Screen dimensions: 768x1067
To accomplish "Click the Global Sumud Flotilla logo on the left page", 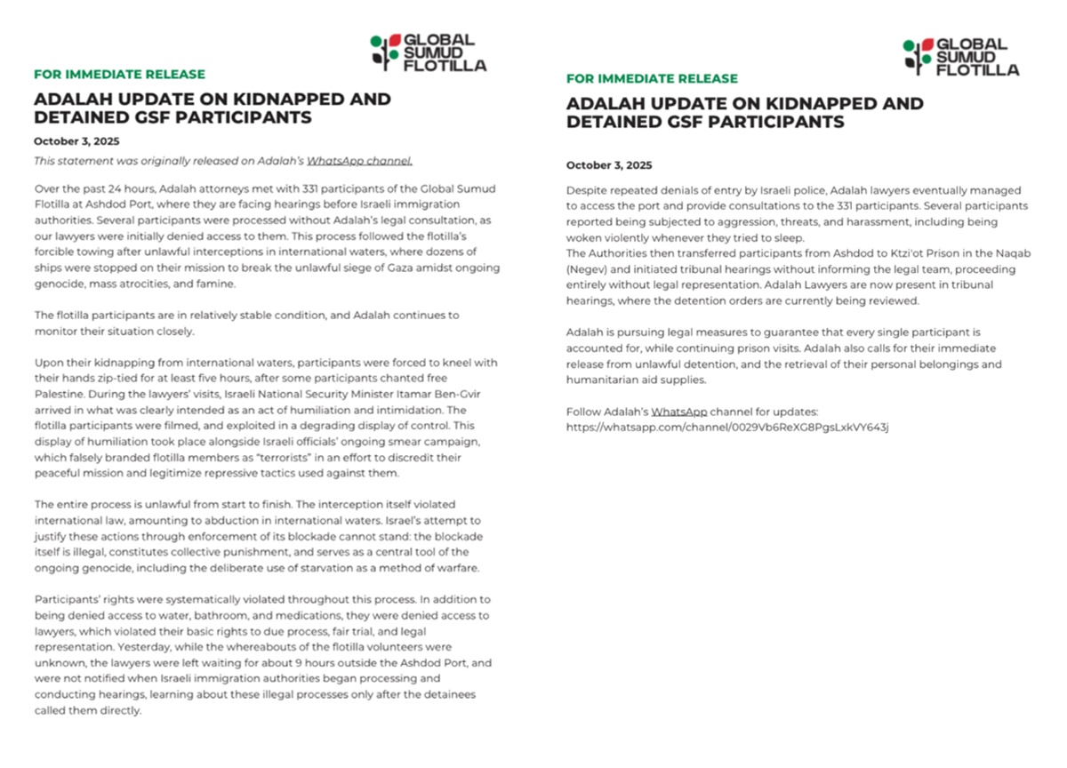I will pos(428,52).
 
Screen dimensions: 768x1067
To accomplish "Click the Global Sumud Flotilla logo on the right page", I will pos(960,57).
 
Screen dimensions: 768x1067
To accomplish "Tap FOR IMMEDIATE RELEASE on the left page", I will pos(119,75).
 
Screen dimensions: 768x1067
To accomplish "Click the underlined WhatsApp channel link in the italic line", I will pos(359,161).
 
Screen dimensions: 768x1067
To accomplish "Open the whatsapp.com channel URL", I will pos(727,428).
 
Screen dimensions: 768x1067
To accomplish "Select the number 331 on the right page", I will pos(897,206).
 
